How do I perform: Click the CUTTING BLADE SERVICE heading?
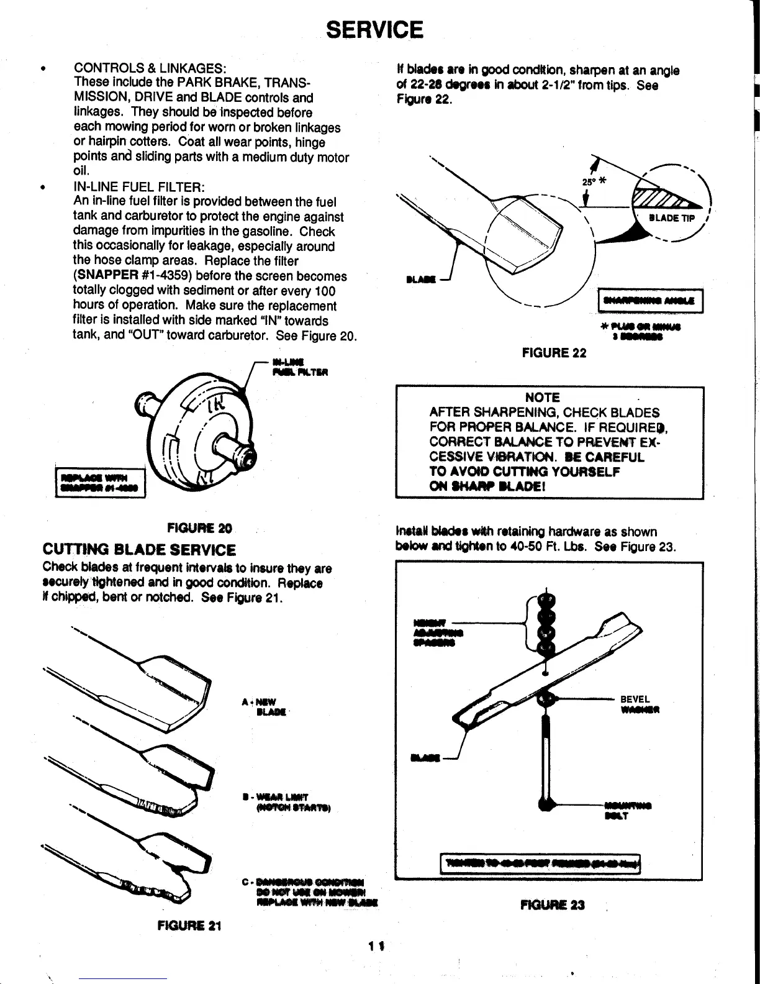tap(139, 550)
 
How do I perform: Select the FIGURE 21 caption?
tap(190, 925)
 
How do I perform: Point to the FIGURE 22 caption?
tap(554, 353)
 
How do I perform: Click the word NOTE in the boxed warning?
tap(542, 398)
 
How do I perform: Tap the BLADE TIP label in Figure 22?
tap(672, 218)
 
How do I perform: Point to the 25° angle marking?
tap(588, 181)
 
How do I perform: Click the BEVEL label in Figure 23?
tap(635, 698)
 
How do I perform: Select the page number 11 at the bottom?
tap(374, 946)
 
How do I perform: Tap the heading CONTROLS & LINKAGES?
tap(150, 68)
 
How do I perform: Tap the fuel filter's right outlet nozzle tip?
tap(250, 458)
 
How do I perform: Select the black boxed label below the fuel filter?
tap(100, 483)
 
